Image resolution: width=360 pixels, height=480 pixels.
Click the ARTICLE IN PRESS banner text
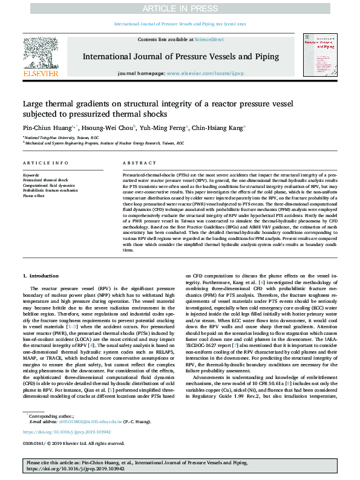pyautogui.click(x=180, y=8)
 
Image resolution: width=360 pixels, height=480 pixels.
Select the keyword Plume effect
pyautogui.click(x=33, y=195)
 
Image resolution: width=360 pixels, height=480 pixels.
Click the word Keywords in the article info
pyautogui.click(x=31, y=175)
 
